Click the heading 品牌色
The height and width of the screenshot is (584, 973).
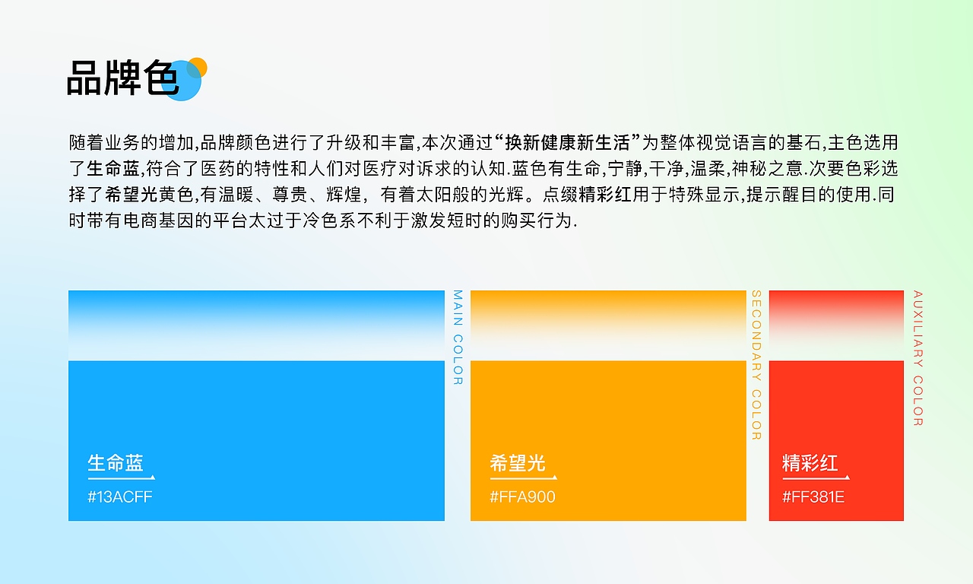[122, 78]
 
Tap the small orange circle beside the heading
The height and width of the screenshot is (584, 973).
[198, 65]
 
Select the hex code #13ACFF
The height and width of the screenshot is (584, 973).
[115, 497]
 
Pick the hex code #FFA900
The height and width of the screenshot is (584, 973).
[522, 497]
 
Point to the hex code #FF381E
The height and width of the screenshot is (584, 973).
[813, 497]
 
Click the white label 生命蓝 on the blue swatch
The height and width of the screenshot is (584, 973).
[116, 462]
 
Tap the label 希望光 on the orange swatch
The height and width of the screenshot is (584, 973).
[518, 462]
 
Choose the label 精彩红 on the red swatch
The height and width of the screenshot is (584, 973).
[810, 462]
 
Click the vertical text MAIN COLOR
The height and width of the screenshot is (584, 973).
[458, 337]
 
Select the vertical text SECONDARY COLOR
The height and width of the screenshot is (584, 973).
[756, 365]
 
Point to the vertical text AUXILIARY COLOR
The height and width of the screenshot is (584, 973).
[918, 358]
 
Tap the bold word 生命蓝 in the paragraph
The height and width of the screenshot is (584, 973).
[113, 168]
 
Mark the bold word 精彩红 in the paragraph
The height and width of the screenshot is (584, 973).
[605, 194]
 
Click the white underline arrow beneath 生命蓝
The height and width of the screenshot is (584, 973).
[122, 478]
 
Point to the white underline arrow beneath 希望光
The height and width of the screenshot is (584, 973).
[523, 478]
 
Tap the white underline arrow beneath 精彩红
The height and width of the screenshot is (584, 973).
[816, 478]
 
